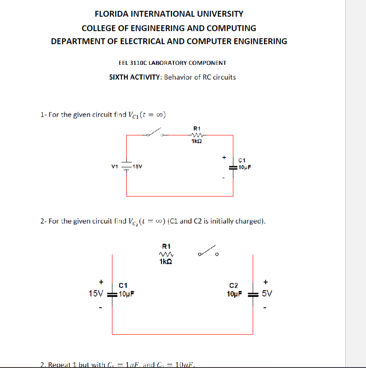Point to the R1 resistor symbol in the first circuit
[x=196, y=135]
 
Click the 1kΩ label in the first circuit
[x=196, y=141]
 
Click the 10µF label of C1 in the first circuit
[x=245, y=167]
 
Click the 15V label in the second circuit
[x=96, y=294]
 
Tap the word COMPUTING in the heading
[x=233, y=28]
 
